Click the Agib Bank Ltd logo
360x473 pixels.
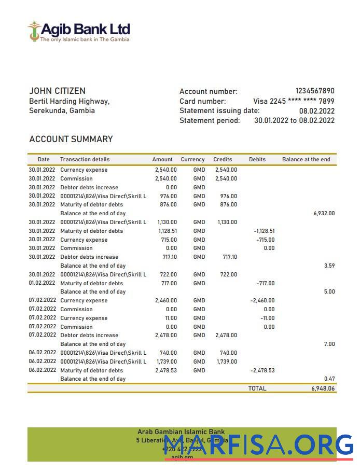[79, 31]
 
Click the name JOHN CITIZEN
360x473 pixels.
[57, 91]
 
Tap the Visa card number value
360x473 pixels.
[294, 101]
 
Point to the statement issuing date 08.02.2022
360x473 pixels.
[316, 111]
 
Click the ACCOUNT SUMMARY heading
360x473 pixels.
[71, 139]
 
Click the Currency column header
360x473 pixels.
[192, 159]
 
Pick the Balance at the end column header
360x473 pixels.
[306, 159]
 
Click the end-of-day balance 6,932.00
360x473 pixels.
[324, 213]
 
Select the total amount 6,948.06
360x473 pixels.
[323, 388]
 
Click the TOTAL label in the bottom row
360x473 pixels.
[257, 388]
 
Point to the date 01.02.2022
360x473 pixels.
[41, 283]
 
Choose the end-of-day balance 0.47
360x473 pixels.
[329, 379]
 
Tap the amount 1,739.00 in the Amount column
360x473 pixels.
[166, 361]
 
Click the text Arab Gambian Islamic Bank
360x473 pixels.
[181, 432]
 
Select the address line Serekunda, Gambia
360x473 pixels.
[62, 110]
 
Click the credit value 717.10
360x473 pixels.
[229, 257]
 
